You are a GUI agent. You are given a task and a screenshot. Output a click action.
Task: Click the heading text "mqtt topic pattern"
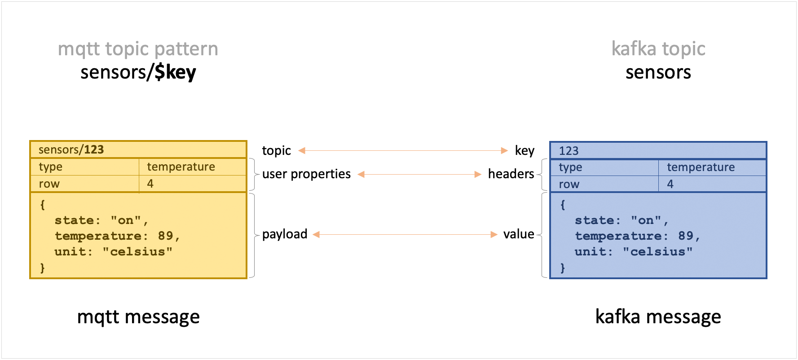[x=138, y=49]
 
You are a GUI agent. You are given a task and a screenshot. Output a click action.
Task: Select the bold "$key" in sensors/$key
[x=175, y=72]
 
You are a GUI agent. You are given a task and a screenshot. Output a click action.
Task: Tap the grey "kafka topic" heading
[x=658, y=49]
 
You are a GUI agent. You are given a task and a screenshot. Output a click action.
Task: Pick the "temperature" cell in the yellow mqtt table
[x=181, y=167]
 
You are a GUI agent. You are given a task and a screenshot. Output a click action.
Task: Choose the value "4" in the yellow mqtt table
[x=150, y=184]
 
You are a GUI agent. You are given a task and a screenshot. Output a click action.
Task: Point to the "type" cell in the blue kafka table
[x=570, y=167]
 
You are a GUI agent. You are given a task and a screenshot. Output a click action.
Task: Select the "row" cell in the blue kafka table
[x=569, y=184]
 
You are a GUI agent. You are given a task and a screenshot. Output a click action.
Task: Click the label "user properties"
[x=306, y=174]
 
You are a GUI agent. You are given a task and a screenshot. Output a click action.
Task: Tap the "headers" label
[x=511, y=174]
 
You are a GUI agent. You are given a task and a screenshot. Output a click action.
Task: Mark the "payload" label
[x=285, y=234]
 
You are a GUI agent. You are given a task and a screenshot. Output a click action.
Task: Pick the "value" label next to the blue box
[x=518, y=234]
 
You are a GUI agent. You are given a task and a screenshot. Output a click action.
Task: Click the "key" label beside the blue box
[x=524, y=150]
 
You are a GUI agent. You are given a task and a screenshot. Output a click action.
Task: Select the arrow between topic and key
[x=403, y=151]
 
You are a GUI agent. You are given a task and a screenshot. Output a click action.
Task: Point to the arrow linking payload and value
[x=405, y=234]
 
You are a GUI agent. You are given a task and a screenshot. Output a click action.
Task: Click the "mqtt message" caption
[x=138, y=317]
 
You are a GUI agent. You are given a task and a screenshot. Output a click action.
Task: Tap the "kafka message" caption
[x=658, y=317]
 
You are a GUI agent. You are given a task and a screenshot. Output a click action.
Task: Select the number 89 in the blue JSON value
[x=685, y=236]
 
